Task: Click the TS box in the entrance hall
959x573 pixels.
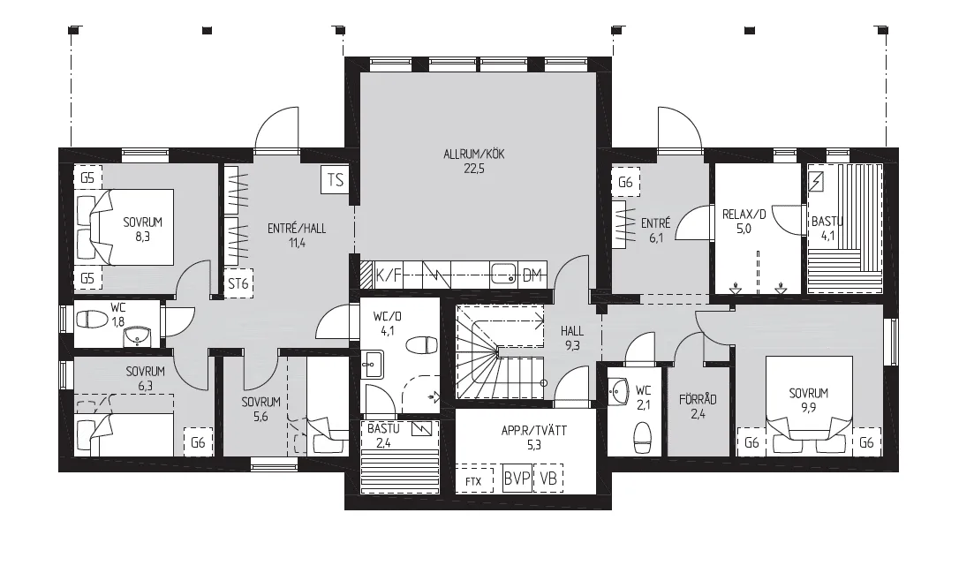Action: tap(336, 180)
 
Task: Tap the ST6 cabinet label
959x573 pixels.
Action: tap(238, 283)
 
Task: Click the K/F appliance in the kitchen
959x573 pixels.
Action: tap(389, 275)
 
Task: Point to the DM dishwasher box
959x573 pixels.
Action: tap(532, 275)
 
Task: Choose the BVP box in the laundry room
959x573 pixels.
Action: tap(517, 479)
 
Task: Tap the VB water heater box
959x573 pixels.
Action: tap(548, 479)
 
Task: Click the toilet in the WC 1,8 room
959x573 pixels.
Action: tap(92, 319)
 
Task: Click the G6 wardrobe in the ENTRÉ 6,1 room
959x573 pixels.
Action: tap(625, 182)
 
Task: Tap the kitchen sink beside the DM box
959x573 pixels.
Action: tap(504, 275)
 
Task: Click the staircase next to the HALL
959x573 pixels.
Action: tap(501, 352)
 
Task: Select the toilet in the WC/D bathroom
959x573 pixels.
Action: tap(422, 345)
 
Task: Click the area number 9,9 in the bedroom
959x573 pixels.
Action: tap(808, 407)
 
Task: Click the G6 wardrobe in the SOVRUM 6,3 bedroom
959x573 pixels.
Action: tap(198, 442)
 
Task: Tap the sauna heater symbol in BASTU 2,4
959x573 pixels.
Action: tap(421, 429)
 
